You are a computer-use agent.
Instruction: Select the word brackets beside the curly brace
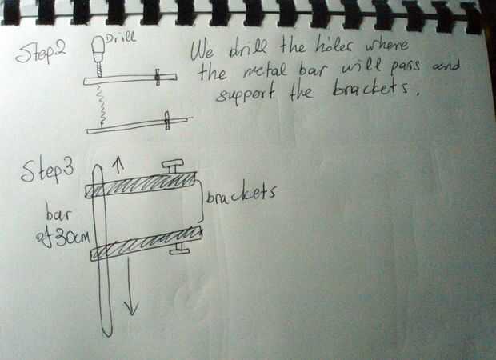coord(242,194)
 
